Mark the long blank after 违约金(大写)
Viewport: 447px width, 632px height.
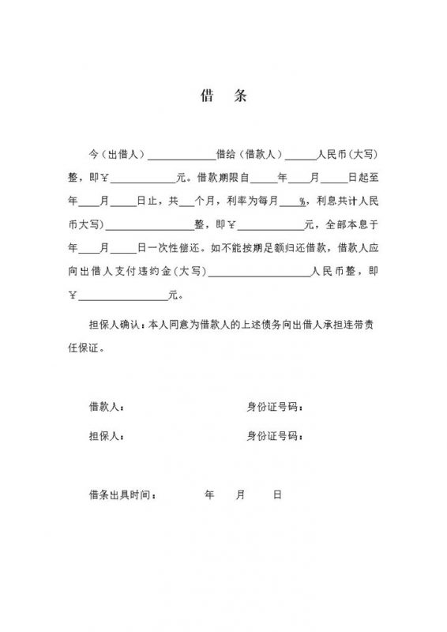click(x=258, y=274)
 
